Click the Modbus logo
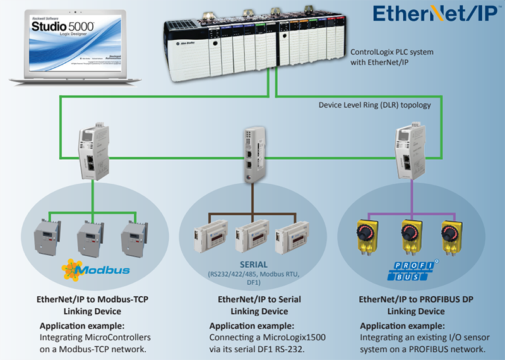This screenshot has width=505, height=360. (x=96, y=270)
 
